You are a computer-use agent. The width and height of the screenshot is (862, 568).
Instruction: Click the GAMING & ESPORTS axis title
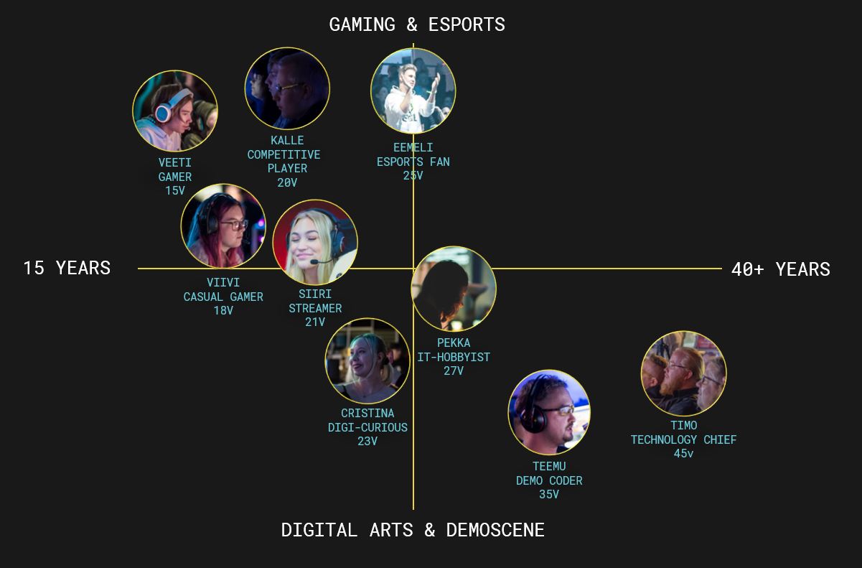click(x=417, y=24)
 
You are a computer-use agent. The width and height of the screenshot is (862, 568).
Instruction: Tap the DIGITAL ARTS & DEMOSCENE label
click(x=413, y=530)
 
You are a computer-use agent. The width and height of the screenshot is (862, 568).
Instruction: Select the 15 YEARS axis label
click(x=67, y=268)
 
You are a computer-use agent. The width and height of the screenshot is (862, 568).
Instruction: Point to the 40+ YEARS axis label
click(x=780, y=269)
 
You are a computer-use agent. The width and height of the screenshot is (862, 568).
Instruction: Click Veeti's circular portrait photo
click(x=175, y=111)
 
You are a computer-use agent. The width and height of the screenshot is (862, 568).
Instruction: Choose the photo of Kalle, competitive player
click(x=287, y=89)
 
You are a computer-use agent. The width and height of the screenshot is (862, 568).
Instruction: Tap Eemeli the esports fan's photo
click(x=413, y=91)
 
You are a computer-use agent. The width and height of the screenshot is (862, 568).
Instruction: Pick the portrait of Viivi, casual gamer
click(x=223, y=226)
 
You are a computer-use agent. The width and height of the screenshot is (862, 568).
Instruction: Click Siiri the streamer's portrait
click(x=315, y=242)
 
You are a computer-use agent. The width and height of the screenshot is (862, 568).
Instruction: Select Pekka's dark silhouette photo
click(x=454, y=289)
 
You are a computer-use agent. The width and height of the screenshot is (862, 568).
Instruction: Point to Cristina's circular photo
click(x=367, y=361)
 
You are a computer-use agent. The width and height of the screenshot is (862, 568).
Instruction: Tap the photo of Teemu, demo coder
click(x=549, y=412)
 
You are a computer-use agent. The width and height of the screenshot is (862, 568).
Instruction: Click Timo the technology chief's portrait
click(x=683, y=373)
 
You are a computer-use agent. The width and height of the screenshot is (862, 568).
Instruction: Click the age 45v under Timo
click(x=683, y=454)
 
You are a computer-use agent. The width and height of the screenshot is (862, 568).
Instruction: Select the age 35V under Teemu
click(x=549, y=495)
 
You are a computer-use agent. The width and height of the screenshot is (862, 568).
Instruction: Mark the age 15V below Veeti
click(x=175, y=191)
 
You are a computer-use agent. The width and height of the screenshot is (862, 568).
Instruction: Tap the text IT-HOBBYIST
click(x=454, y=357)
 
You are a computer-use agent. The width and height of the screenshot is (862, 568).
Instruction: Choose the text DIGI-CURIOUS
click(x=367, y=427)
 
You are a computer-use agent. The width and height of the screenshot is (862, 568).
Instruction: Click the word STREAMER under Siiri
click(x=315, y=308)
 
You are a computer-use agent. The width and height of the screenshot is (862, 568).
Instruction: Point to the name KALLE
click(x=287, y=141)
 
